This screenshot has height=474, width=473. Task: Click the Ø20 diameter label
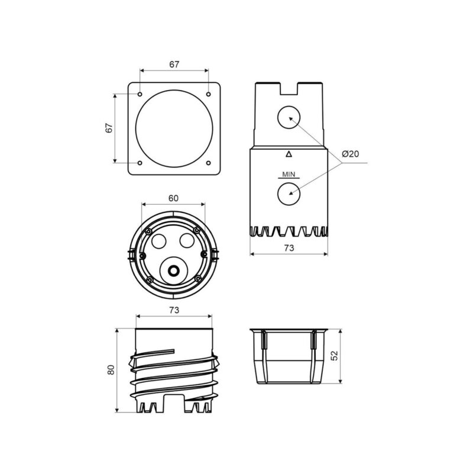[351, 154]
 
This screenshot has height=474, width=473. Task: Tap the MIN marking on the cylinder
[289, 175]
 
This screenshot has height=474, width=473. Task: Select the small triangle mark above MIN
[289, 154]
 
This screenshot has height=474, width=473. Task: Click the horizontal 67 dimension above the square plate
[174, 65]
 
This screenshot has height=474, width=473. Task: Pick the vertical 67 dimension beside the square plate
[109, 128]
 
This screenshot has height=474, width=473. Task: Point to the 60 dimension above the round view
[173, 198]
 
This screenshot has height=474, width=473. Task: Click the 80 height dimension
[111, 370]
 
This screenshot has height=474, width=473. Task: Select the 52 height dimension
[335, 356]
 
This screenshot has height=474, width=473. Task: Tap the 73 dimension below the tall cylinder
[289, 248]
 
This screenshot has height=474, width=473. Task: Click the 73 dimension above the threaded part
[174, 310]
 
